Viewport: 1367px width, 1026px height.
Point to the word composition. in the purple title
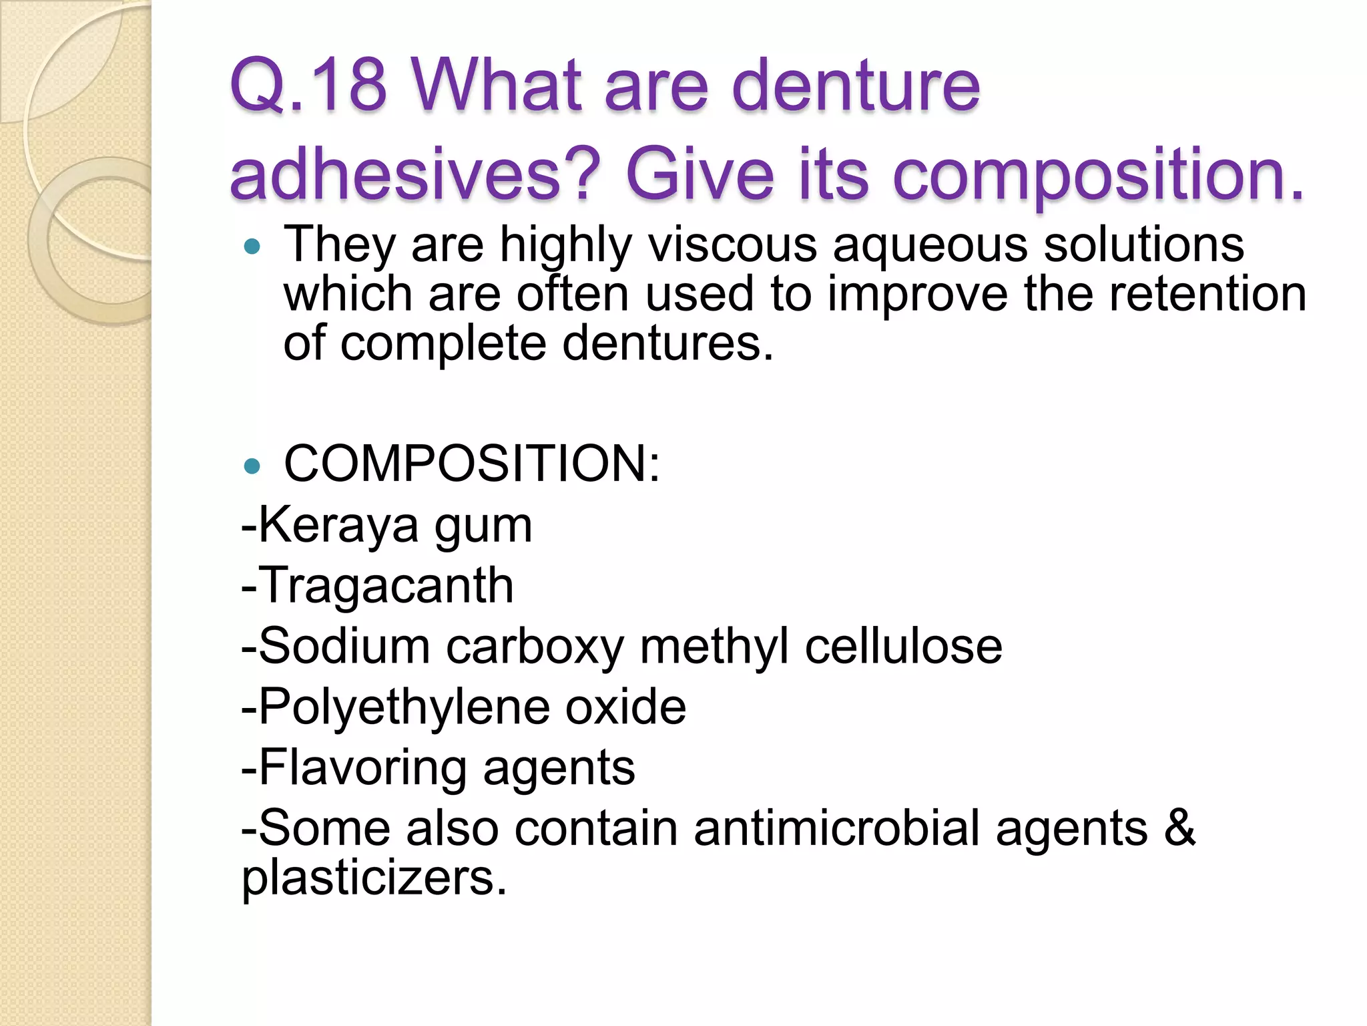[1098, 175]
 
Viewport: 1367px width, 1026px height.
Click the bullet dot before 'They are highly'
[252, 248]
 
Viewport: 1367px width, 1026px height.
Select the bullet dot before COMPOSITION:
[252, 466]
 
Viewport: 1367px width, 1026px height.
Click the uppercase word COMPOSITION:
[472, 464]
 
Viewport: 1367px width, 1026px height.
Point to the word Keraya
[338, 526]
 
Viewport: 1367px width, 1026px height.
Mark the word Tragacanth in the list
[385, 586]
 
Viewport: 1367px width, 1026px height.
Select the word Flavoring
[362, 768]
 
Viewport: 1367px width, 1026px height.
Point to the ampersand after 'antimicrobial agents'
[1180, 828]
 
